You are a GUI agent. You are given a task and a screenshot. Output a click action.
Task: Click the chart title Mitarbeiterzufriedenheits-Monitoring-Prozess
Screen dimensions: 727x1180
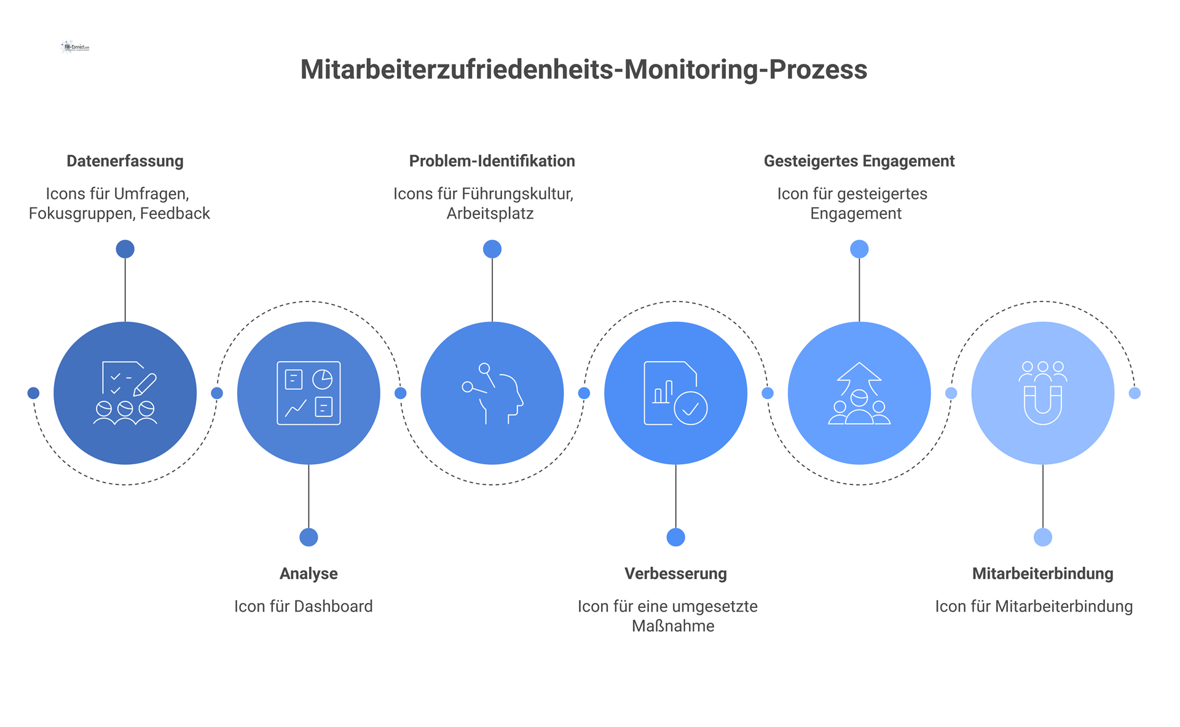pyautogui.click(x=583, y=69)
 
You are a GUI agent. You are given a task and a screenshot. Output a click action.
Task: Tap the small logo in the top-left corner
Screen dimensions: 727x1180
pyautogui.click(x=76, y=47)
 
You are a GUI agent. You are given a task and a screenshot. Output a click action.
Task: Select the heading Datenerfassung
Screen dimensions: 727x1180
pyautogui.click(x=125, y=161)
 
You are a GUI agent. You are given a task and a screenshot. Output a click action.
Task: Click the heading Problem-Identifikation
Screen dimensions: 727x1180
pyautogui.click(x=492, y=161)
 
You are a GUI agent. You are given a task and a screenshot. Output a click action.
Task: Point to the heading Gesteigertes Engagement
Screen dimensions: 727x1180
pyautogui.click(x=859, y=161)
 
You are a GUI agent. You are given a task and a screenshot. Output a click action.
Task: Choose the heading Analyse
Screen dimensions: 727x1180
pyautogui.click(x=309, y=573)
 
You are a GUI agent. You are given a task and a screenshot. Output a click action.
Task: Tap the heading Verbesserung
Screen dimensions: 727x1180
pyautogui.click(x=675, y=573)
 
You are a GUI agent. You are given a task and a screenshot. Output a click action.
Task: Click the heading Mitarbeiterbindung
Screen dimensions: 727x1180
pyautogui.click(x=1042, y=573)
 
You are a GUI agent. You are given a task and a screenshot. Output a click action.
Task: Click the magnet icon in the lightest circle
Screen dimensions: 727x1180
pyautogui.click(x=1042, y=405)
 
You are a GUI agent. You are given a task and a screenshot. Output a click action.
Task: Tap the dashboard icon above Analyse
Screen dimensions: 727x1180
pyautogui.click(x=309, y=393)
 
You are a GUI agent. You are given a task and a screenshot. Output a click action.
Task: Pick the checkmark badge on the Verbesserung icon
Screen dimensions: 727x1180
pyautogui.click(x=691, y=408)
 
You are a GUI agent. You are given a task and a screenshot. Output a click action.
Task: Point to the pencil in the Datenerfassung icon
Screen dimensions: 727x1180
pyautogui.click(x=145, y=384)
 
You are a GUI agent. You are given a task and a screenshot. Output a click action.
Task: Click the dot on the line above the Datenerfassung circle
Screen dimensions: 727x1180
pyautogui.click(x=125, y=249)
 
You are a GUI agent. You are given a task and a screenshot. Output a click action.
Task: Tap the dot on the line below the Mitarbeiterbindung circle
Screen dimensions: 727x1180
pyautogui.click(x=1042, y=537)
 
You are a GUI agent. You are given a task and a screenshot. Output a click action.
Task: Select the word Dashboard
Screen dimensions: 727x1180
pyautogui.click(x=333, y=607)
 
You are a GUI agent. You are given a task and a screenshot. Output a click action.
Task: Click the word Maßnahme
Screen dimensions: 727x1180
pyautogui.click(x=673, y=626)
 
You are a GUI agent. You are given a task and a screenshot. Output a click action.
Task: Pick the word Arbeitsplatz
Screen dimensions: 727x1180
pyautogui.click(x=490, y=214)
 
